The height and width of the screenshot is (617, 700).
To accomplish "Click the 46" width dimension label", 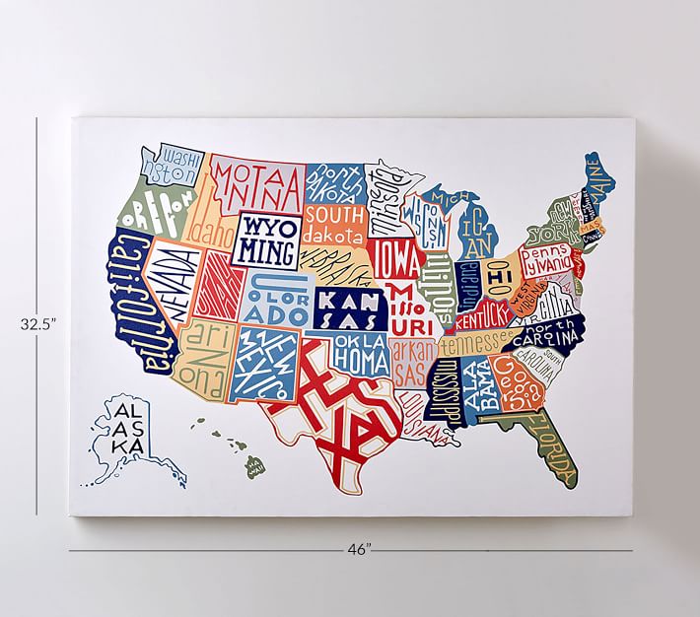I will [359, 551].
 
